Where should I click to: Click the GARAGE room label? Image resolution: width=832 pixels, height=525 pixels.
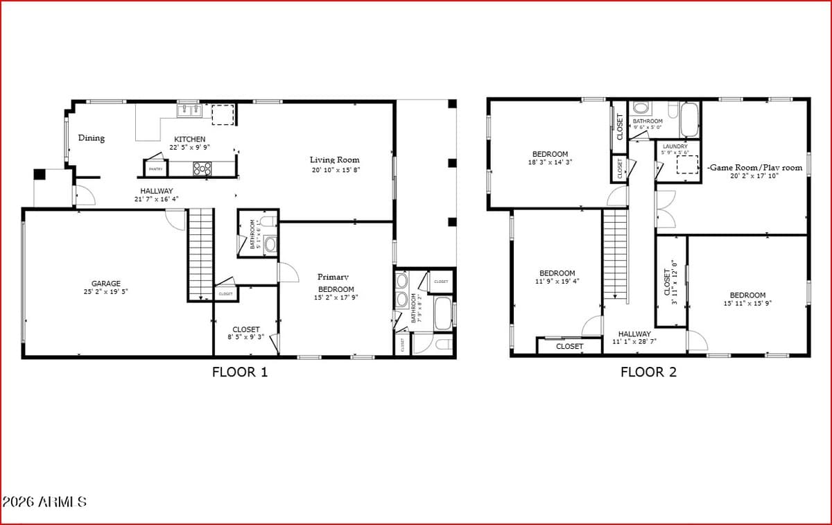click(106, 283)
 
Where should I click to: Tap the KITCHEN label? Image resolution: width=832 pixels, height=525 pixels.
click(189, 139)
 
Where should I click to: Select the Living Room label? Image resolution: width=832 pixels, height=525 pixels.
click(334, 160)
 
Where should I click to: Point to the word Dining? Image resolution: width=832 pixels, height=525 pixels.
click(92, 138)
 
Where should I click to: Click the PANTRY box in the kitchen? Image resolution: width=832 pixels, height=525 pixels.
click(155, 169)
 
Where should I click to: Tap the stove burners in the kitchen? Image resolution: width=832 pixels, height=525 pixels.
click(202, 168)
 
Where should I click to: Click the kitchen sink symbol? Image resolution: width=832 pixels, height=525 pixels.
click(189, 110)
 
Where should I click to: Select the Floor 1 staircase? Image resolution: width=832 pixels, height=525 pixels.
click(200, 253)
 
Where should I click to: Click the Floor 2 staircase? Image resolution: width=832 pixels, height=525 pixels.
click(614, 255)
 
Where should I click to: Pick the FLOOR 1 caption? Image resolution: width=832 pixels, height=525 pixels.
click(239, 372)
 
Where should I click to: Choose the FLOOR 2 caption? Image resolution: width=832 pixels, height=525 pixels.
click(648, 372)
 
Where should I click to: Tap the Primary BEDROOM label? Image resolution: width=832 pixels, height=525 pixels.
click(336, 283)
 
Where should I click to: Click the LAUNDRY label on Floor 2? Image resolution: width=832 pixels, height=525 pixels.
click(675, 146)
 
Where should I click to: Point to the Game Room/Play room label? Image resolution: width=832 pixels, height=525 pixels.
click(754, 168)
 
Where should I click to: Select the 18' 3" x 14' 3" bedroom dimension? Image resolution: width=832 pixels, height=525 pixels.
click(551, 162)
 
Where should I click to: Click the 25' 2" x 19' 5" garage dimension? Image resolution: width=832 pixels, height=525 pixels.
click(106, 292)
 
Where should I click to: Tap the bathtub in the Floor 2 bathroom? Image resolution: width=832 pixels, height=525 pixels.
click(689, 120)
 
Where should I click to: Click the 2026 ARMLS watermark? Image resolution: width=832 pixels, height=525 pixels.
click(44, 501)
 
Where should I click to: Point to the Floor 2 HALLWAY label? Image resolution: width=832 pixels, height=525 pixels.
click(634, 334)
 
